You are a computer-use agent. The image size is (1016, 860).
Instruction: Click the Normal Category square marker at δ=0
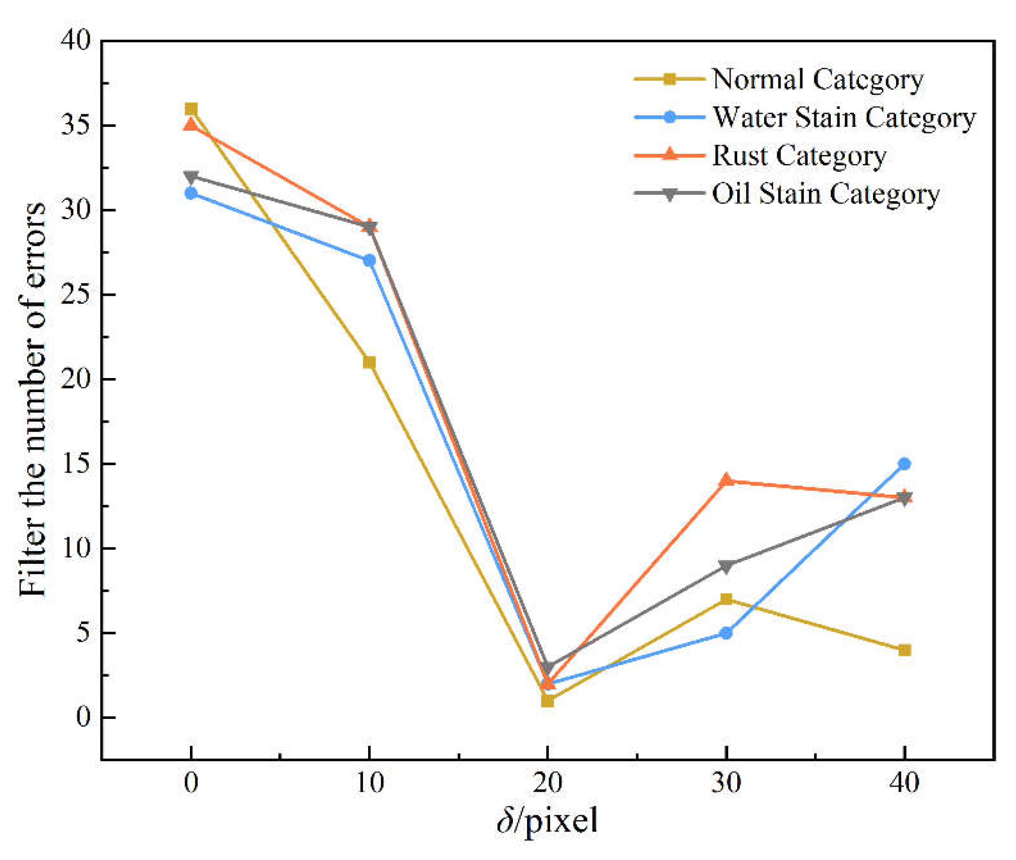coord(191,109)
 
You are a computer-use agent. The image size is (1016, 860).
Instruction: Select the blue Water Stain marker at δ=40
coord(905,464)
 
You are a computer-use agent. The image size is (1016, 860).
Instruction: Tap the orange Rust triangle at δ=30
coord(726,480)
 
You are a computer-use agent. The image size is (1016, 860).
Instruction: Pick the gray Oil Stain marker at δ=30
coord(726,566)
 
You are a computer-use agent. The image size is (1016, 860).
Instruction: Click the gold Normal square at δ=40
coord(905,650)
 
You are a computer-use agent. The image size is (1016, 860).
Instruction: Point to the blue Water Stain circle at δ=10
coord(370,260)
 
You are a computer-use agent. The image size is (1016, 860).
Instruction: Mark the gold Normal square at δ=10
coord(370,362)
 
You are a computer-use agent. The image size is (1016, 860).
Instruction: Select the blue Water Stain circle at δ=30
coord(726,633)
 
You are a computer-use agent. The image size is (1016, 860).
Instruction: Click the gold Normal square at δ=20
coord(547,701)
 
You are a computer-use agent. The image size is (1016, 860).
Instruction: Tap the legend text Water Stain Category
coord(844,118)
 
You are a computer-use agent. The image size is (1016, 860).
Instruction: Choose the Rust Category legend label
coord(799,156)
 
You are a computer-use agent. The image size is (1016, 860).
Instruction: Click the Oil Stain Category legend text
coord(826,194)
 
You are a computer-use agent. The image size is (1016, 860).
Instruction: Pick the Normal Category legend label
coord(818,79)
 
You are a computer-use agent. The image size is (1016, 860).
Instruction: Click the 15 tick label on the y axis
coord(76,464)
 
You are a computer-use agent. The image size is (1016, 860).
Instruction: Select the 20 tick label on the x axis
coord(547,782)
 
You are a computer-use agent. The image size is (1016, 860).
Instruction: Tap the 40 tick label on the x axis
coord(905,782)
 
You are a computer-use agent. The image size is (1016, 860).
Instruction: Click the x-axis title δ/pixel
coord(547,821)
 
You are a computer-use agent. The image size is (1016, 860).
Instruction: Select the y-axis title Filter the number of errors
coord(32,400)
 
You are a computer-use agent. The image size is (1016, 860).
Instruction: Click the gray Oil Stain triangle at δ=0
coord(191,176)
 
